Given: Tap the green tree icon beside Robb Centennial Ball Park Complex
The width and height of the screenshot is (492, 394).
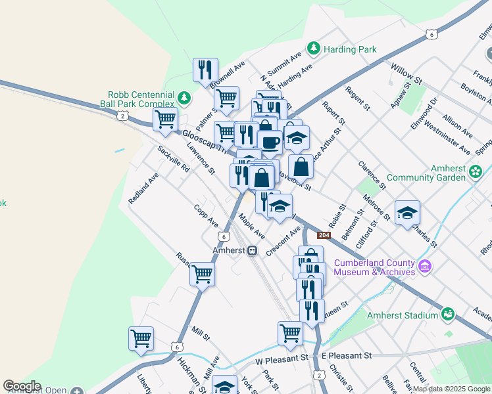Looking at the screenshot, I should coord(184,98).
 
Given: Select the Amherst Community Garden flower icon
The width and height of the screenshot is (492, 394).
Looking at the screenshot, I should coord(476,172).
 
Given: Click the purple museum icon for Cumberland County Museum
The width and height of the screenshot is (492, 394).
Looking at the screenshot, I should coord(425,267).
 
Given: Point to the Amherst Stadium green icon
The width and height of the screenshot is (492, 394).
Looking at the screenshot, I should coord(448,315).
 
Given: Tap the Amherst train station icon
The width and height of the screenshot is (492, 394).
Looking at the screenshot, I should coord(253,251).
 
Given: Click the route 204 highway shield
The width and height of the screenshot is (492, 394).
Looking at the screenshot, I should coord(323,235).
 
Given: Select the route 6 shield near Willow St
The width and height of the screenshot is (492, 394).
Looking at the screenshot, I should coord(431,33).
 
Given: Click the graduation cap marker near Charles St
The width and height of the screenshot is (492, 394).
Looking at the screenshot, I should coord(408,212).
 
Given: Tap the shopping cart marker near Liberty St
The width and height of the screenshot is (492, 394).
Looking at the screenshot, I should coord(141,339).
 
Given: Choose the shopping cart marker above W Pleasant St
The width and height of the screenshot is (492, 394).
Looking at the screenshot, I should coord(289,333).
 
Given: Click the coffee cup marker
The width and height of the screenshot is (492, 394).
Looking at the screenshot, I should coord(269,142).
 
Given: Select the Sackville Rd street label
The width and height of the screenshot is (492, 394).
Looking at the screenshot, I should coord(173,159).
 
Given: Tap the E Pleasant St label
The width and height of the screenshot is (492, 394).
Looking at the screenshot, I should coord(347,355).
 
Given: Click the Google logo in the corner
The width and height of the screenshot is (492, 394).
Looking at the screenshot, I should coord(22,386).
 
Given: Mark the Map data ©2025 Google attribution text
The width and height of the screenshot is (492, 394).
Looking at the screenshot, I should coord(451,389).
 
